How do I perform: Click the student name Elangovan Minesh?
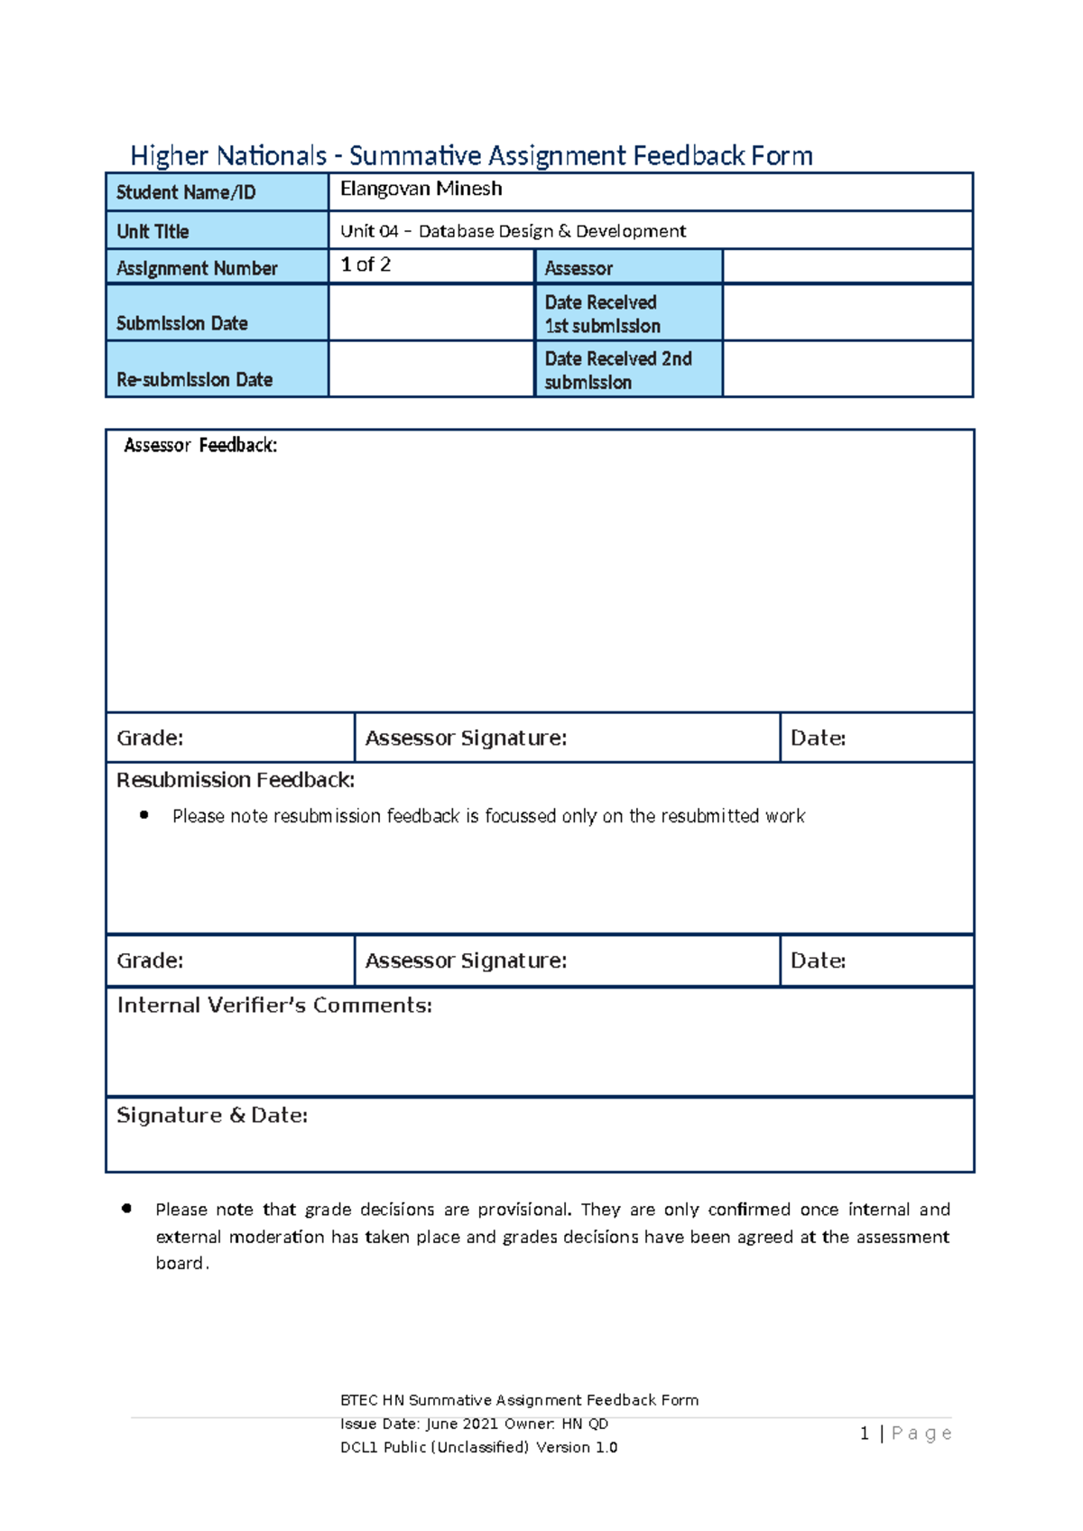pos(421,189)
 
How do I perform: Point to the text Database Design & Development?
pos(551,231)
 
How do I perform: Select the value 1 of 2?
pos(366,264)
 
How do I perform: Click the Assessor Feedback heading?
pos(200,445)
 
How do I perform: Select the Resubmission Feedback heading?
pos(236,780)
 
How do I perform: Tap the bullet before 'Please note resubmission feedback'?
pos(144,815)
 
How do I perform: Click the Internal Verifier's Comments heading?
pos(274,1006)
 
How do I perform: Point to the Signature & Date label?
pos(212,1116)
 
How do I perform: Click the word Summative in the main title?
pos(415,156)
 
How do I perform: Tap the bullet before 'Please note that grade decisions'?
pos(127,1209)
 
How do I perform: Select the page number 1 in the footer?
pos(865,1434)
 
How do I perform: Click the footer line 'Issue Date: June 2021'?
pos(474,1424)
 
